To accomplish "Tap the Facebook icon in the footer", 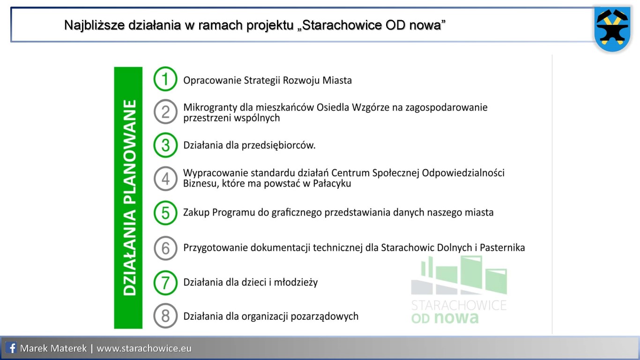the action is (11, 348).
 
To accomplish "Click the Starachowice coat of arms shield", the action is (612, 29).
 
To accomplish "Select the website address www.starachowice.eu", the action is (144, 348).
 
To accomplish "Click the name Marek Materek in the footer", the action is (53, 348).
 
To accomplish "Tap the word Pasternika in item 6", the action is (502, 247).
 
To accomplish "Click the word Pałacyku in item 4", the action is (332, 184).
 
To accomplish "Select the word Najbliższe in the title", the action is (94, 25).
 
